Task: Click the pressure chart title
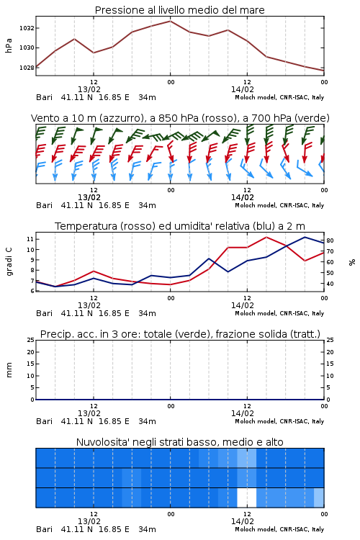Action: pyautogui.click(x=179, y=10)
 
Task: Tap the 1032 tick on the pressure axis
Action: pyautogui.click(x=27, y=28)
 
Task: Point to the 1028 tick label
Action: pyautogui.click(x=27, y=68)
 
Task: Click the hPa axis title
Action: pyautogui.click(x=9, y=45)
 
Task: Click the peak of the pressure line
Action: pyautogui.click(x=170, y=21)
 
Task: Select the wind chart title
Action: pyautogui.click(x=180, y=118)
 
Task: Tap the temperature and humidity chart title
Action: pyautogui.click(x=180, y=226)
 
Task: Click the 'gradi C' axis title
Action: pyautogui.click(x=9, y=262)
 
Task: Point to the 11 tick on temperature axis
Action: pyautogui.click(x=30, y=239)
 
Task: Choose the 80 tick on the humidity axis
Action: pyautogui.click(x=330, y=240)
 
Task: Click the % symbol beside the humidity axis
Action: pyautogui.click(x=352, y=262)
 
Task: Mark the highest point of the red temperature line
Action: pyautogui.click(x=266, y=237)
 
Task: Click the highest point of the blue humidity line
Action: pyautogui.click(x=305, y=237)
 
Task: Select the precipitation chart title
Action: pyautogui.click(x=180, y=334)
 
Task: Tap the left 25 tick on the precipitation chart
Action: pyautogui.click(x=30, y=340)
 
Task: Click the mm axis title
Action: pyautogui.click(x=9, y=370)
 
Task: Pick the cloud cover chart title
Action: pyautogui.click(x=179, y=442)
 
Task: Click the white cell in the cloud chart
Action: pyautogui.click(x=247, y=498)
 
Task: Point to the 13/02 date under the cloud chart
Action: pyautogui.click(x=89, y=521)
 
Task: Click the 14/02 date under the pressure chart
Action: pyautogui.click(x=243, y=89)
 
